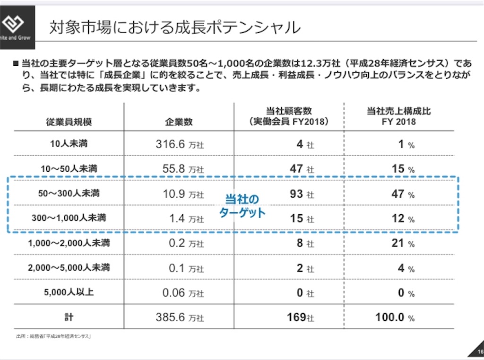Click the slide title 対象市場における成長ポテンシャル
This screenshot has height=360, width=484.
click(175, 27)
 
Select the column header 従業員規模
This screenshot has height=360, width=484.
click(69, 122)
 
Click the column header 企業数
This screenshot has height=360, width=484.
click(179, 122)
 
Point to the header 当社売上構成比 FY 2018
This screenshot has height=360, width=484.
click(399, 116)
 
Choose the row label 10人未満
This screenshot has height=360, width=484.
click(69, 144)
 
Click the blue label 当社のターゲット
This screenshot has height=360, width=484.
click(242, 205)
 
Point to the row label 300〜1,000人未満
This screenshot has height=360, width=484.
click(69, 219)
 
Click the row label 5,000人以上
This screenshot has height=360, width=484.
click(69, 292)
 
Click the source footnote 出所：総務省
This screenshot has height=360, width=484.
click(53, 336)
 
